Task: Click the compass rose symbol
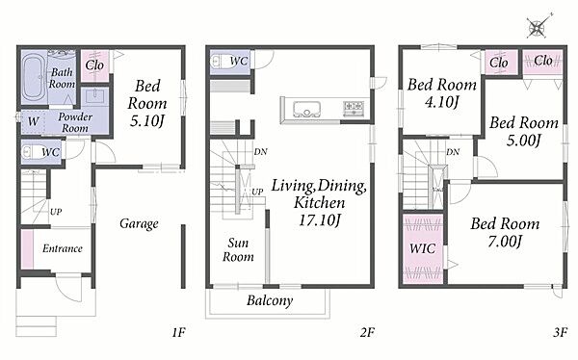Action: [538, 27]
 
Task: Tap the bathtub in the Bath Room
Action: [34, 77]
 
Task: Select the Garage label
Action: [139, 223]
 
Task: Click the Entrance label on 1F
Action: [63, 248]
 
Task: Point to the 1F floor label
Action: [178, 333]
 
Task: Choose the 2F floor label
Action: [367, 333]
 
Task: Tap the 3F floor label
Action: [560, 333]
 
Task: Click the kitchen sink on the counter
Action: [306, 109]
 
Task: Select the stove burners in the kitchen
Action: [354, 109]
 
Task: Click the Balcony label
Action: [270, 300]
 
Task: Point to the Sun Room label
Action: [238, 249]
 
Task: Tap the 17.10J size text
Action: [319, 220]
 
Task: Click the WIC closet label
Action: [423, 248]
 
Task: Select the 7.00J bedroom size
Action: [505, 242]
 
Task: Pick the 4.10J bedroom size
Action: [441, 101]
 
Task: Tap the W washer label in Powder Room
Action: [33, 121]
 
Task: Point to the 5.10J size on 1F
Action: [146, 120]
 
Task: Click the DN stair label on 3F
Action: [453, 152]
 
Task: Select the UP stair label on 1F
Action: [56, 212]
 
